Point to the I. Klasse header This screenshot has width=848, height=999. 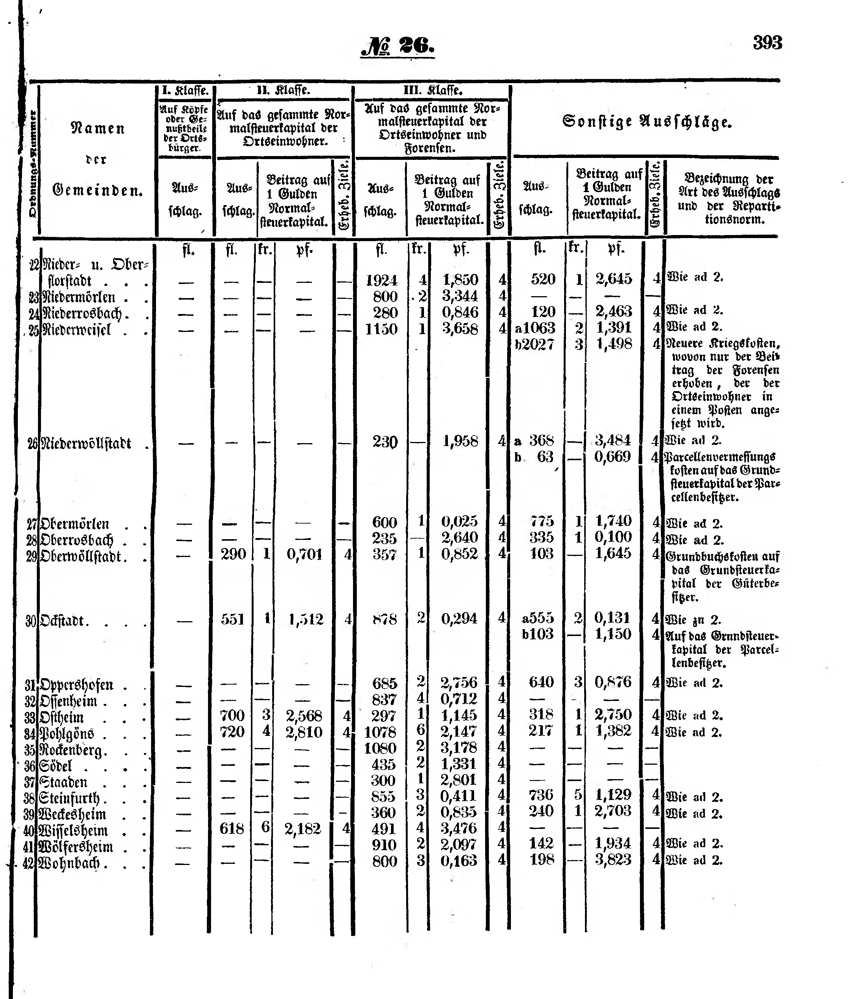point(185,90)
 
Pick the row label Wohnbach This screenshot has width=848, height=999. point(73,863)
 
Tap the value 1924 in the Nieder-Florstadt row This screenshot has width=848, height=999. point(382,280)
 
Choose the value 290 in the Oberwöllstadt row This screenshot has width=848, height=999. point(233,554)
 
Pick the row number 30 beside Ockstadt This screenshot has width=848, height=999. point(31,621)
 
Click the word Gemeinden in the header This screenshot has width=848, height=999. point(98,191)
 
